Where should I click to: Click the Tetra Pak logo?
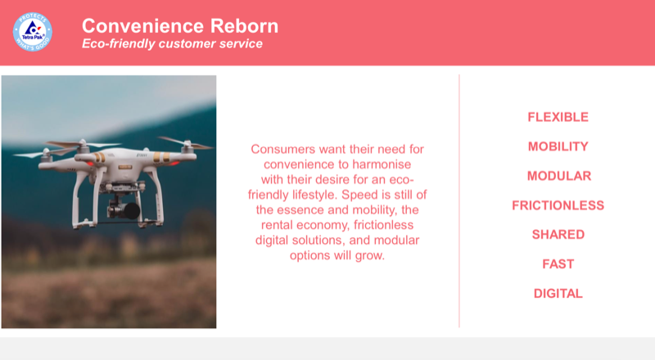click(x=32, y=32)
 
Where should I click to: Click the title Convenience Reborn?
click(x=179, y=25)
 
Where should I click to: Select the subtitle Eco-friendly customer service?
click(x=172, y=43)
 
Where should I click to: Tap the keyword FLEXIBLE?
click(x=558, y=117)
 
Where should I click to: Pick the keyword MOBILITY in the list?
click(x=558, y=146)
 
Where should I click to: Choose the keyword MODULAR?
click(x=558, y=176)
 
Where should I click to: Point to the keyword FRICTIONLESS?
click(x=558, y=205)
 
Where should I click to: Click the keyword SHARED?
click(x=558, y=235)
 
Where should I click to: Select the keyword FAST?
click(x=558, y=264)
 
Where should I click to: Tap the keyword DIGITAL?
click(x=558, y=294)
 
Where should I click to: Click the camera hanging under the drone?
click(x=124, y=208)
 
